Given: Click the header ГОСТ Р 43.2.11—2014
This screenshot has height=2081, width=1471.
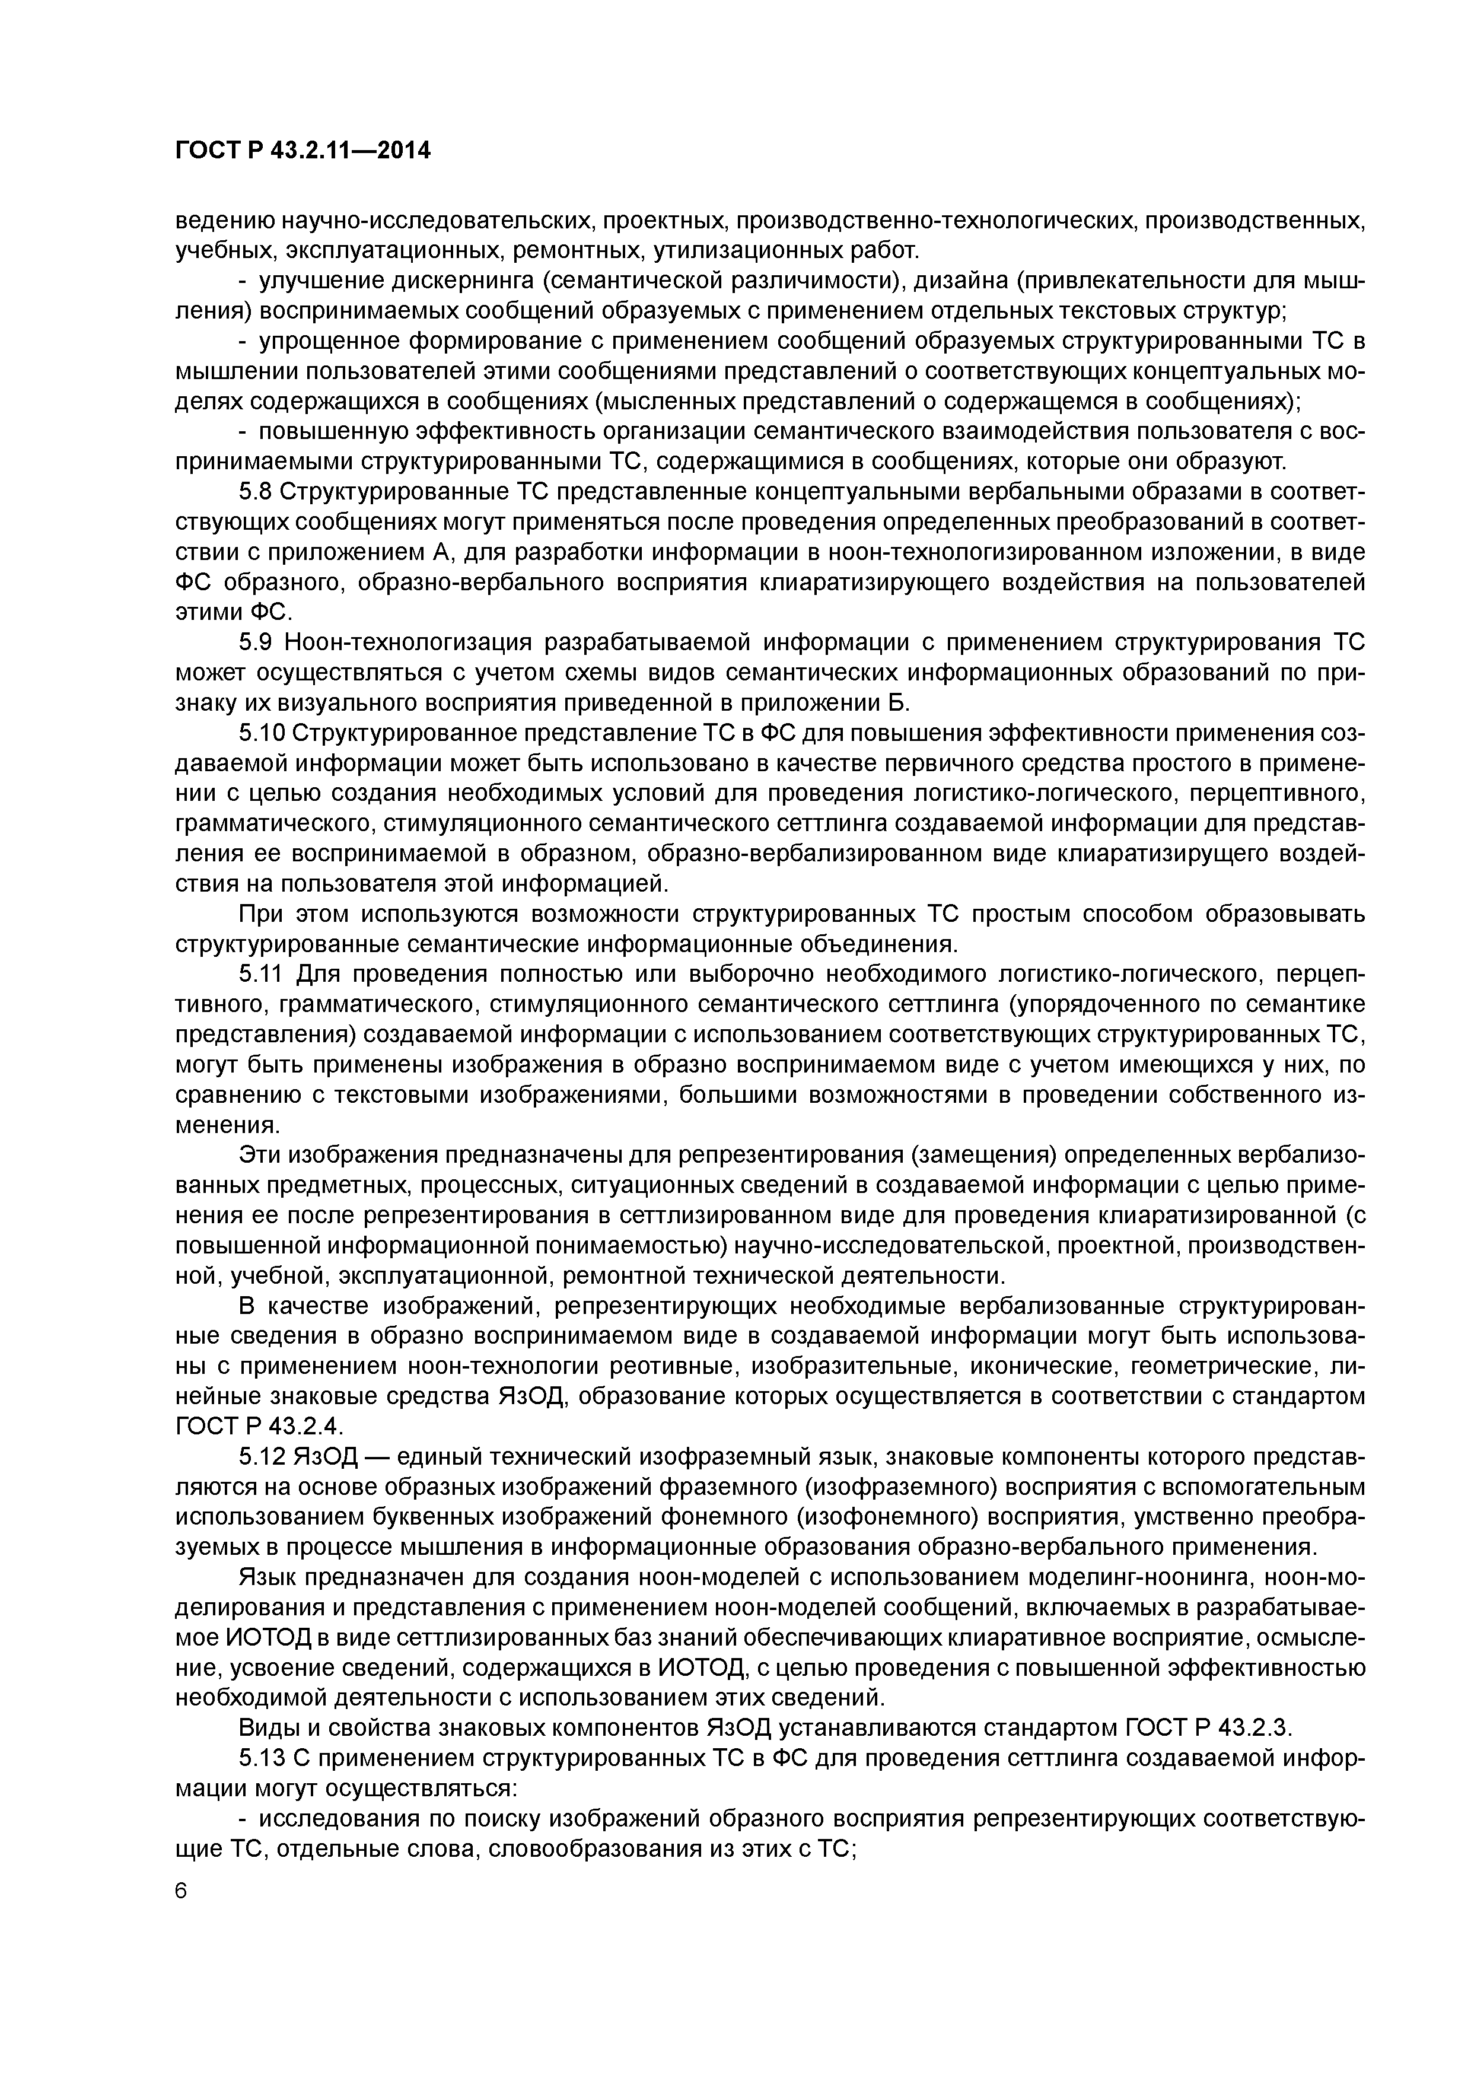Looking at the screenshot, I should (303, 151).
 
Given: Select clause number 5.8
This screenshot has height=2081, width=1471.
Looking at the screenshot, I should (256, 492).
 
